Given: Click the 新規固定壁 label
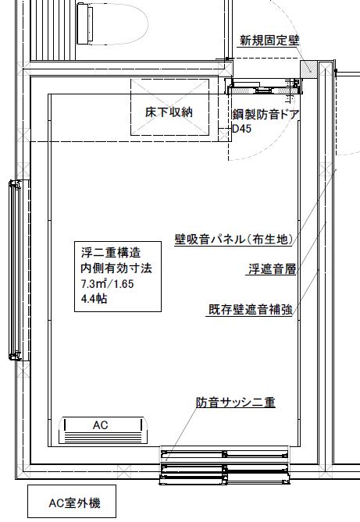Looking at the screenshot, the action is pyautogui.click(x=269, y=41).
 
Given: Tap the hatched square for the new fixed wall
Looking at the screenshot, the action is pyautogui.click(x=308, y=69).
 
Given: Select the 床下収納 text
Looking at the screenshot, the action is pyautogui.click(x=169, y=112).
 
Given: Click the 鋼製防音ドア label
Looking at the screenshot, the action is pyautogui.click(x=266, y=115).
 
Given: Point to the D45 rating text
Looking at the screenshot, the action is pyautogui.click(x=241, y=129).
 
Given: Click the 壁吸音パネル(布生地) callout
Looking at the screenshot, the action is pyautogui.click(x=234, y=239).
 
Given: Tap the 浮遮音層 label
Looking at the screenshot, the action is pyautogui.click(x=273, y=269).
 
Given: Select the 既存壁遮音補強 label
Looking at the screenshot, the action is pyautogui.click(x=251, y=309).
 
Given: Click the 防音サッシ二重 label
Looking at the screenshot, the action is pyautogui.click(x=236, y=402).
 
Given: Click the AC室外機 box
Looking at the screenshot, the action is pyautogui.click(x=72, y=501).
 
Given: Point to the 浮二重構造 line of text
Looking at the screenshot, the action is pyautogui.click(x=111, y=252).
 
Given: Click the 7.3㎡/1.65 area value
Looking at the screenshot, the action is pyautogui.click(x=107, y=284).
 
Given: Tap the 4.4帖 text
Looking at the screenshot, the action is pyautogui.click(x=94, y=299).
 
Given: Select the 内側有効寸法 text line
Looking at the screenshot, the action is pyautogui.click(x=116, y=268).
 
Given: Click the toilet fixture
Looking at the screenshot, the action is pyautogui.click(x=112, y=24).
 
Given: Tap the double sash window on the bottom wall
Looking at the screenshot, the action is pyautogui.click(x=225, y=465).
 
